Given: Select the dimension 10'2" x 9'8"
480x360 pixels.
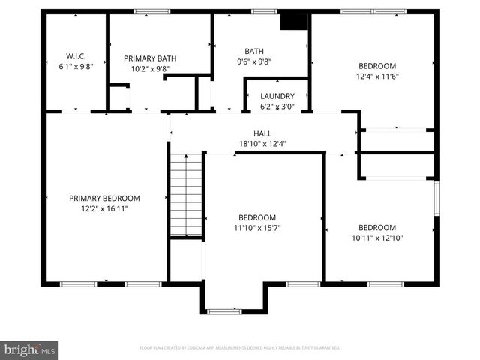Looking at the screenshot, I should coord(150,68).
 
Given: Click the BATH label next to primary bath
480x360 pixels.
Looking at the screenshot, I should coord(254,51).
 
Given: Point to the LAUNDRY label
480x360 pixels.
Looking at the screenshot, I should coord(277,96).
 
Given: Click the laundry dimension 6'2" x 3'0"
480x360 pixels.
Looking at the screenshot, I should coord(277,106).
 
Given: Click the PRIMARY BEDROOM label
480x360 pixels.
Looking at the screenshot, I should coord(104,198).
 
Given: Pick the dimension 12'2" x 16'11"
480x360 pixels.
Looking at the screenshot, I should coord(104,208).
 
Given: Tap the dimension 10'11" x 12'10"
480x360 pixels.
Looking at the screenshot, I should coord(376,238).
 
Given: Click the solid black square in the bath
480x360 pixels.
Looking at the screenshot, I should coord(294,21).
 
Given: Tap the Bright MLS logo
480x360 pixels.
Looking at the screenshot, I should coord(30,349).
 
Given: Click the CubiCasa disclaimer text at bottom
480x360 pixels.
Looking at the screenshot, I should coord(240,348).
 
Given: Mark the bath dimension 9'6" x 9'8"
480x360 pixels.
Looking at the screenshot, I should coord(254,62).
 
